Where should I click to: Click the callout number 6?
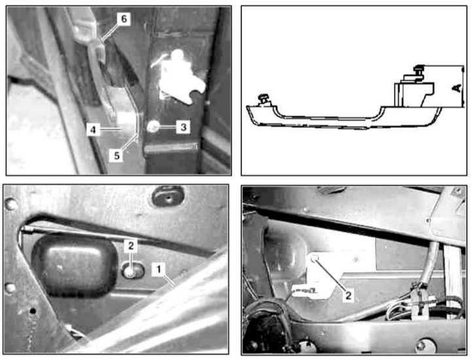point(124,19)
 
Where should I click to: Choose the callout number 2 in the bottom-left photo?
point(131,246)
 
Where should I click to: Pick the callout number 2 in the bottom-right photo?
point(348,295)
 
